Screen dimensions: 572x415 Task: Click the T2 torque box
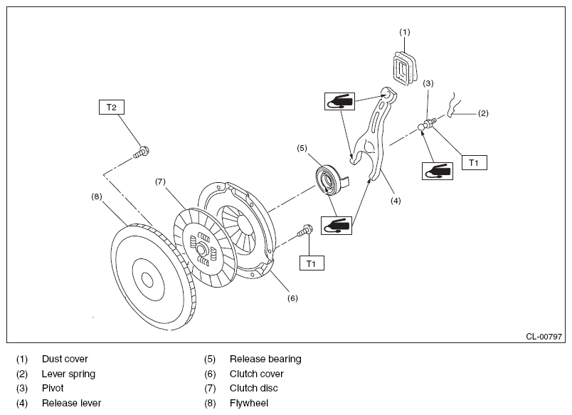point(112,107)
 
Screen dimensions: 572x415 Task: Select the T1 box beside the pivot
point(475,163)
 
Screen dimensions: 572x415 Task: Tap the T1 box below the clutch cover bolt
point(312,263)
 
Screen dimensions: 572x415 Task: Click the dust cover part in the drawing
point(406,68)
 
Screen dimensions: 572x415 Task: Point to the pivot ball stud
point(427,123)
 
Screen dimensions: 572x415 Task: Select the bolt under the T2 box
point(141,152)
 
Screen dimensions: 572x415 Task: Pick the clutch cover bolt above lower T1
point(305,231)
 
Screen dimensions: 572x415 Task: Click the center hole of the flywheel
point(147,280)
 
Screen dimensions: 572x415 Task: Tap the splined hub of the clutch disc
point(201,250)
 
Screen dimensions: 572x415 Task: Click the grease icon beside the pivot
point(438,171)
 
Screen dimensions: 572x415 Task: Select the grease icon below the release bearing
point(337,225)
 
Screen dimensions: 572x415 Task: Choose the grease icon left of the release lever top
point(339,101)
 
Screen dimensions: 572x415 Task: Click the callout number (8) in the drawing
point(97,196)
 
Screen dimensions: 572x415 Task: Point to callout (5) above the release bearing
point(302,148)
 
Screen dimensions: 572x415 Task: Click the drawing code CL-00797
point(544,337)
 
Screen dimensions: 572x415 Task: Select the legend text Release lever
point(71,403)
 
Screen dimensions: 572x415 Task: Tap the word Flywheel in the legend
point(249,403)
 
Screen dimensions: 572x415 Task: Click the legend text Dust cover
point(65,359)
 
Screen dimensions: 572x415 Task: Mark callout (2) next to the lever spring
point(483,113)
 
